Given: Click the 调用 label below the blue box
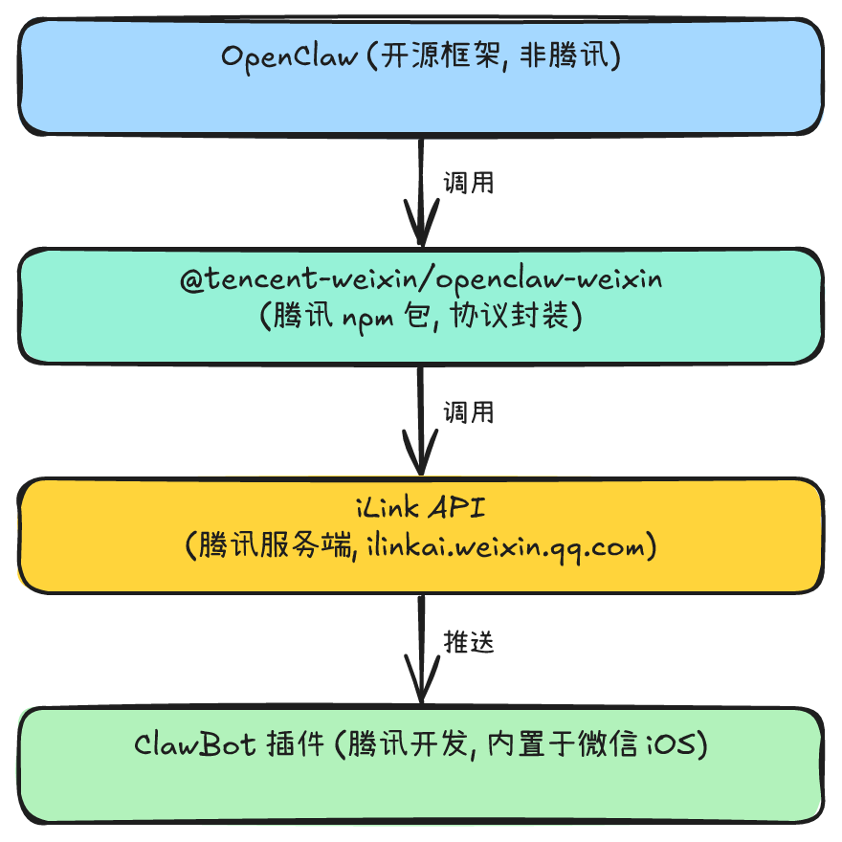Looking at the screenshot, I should tap(468, 183).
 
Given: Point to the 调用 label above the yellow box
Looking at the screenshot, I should tap(468, 412).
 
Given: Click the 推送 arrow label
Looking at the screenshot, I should tap(468, 642).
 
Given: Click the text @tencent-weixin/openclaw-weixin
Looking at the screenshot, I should tap(421, 280).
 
